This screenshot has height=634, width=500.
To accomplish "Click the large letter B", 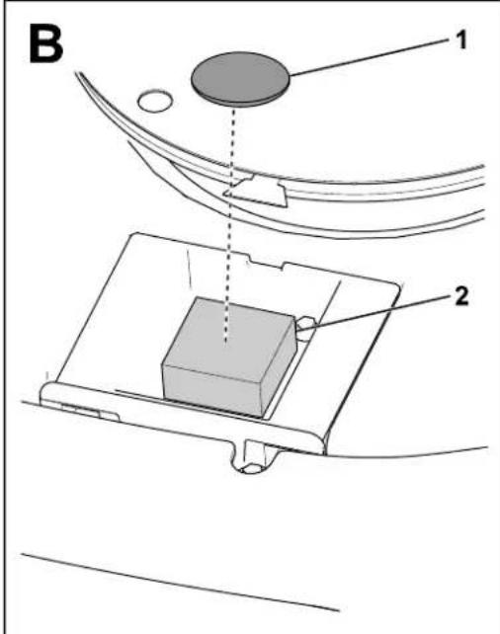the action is (x=45, y=44).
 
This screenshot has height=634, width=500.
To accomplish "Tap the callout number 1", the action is (x=460, y=40).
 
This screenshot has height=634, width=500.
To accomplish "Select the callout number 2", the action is (x=461, y=296).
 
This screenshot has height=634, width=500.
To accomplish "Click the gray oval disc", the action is (x=241, y=78).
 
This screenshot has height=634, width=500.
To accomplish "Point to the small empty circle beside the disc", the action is (x=155, y=101).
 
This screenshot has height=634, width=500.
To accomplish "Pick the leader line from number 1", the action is (x=370, y=56).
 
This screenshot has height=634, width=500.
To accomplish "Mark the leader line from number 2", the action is (x=374, y=310).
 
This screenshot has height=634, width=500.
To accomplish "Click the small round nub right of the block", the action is (x=305, y=326).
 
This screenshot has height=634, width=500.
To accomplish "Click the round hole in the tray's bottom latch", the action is (x=252, y=469).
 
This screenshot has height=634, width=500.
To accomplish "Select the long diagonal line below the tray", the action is (x=181, y=583).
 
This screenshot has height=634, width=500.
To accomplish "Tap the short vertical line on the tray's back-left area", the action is (x=189, y=269).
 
